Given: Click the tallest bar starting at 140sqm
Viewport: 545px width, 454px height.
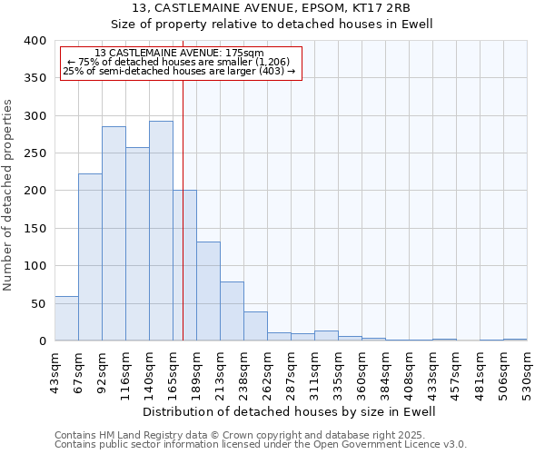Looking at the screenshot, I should click(161, 232).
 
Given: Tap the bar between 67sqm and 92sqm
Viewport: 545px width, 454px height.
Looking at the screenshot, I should click(90, 258).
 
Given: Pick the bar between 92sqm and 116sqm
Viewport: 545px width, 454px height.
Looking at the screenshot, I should click(114, 234).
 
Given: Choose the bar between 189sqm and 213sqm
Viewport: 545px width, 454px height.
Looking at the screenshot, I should click(208, 291).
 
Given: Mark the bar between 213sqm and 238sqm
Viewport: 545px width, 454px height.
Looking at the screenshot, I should click(232, 311).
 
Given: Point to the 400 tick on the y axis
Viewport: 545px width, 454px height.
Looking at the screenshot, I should click(35, 41).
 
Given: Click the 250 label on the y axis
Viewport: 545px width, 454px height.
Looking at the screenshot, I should click(35, 153).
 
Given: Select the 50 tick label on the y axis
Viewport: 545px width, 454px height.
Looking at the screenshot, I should click(38, 304).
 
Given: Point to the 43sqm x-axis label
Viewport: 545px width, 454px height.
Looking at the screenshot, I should click(55, 370).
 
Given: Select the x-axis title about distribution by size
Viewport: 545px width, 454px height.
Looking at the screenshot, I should click(290, 411).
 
